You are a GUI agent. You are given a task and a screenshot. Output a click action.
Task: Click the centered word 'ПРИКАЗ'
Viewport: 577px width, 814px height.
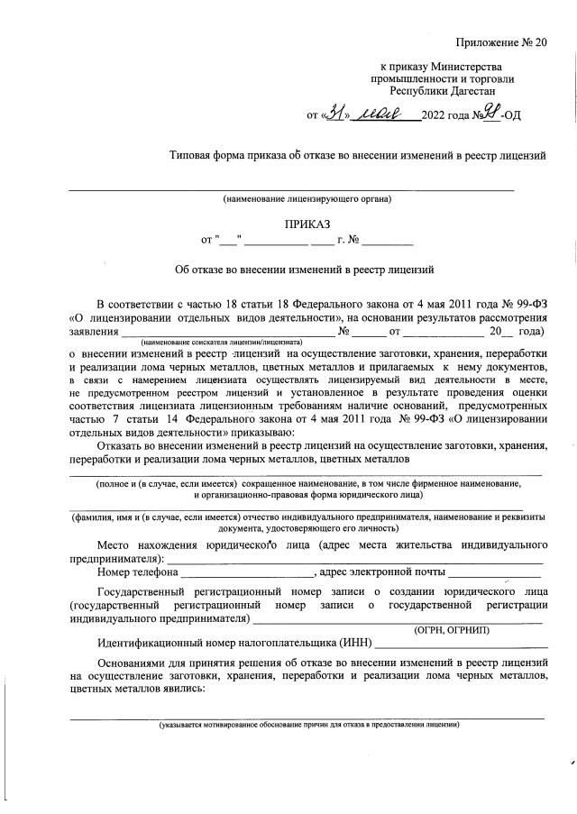(308, 224)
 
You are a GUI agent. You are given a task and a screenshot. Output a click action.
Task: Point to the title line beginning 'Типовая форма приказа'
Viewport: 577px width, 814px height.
(358, 155)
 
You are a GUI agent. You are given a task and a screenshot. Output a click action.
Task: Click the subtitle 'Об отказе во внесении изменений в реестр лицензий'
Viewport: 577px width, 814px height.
(305, 269)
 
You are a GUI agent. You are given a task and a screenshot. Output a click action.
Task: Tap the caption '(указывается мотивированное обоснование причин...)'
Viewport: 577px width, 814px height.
(309, 725)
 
